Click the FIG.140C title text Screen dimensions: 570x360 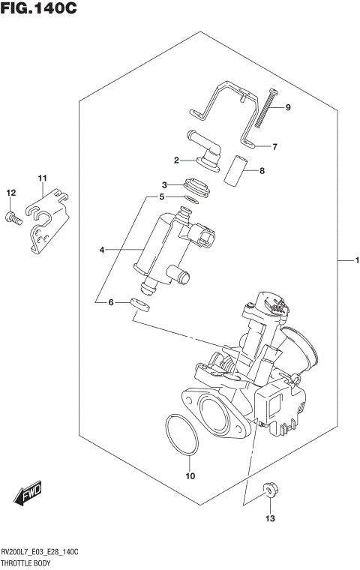[39, 10]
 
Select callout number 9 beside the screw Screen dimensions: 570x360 [287, 108]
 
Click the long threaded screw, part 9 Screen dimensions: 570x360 [266, 109]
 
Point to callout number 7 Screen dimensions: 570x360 [274, 147]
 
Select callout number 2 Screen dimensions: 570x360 [177, 160]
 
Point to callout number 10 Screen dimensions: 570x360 [190, 475]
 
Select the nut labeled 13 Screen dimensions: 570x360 [270, 492]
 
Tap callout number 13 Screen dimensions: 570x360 [270, 518]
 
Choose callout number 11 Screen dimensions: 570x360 [43, 178]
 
